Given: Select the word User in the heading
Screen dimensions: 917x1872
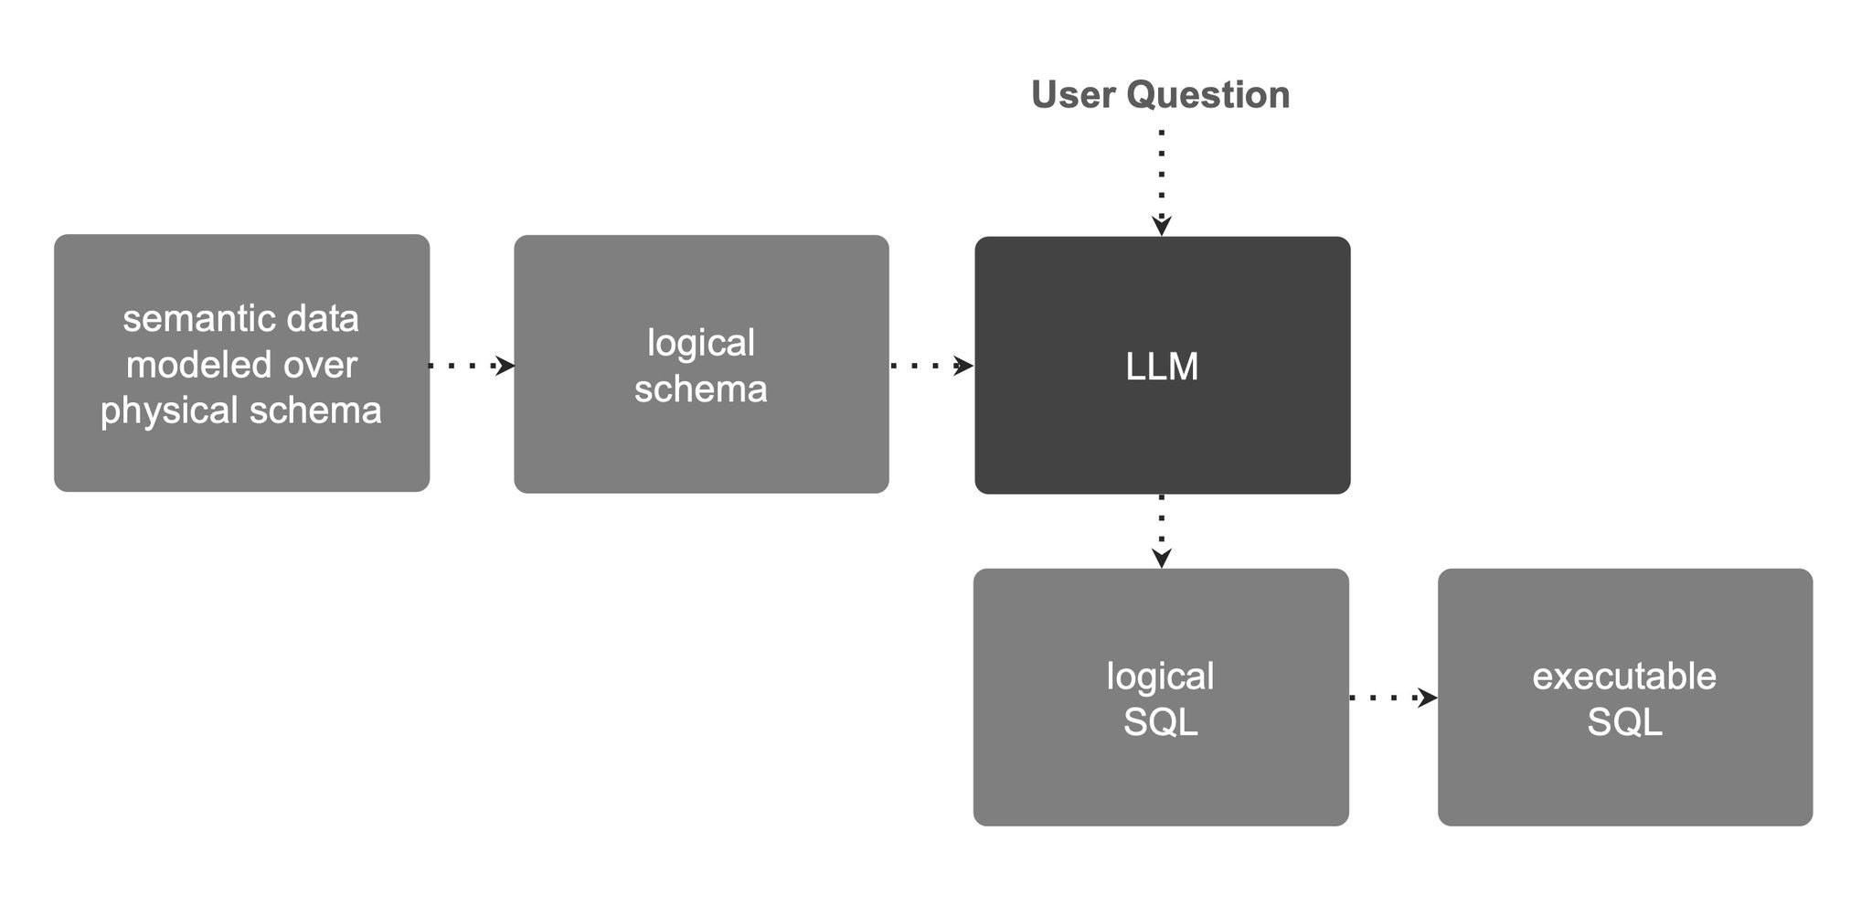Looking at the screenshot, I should (x=1072, y=95).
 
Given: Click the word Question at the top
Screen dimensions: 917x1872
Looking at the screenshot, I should (x=1207, y=95).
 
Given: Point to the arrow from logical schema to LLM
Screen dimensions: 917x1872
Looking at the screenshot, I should (x=931, y=366).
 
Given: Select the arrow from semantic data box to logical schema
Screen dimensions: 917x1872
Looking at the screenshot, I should (x=472, y=366).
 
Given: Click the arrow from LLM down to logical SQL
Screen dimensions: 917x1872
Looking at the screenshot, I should (x=1161, y=531).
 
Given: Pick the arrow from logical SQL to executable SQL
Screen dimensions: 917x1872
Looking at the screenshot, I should (x=1393, y=698).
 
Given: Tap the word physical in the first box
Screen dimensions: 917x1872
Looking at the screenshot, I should (x=170, y=411).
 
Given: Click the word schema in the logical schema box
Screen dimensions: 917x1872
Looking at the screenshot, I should (x=700, y=389).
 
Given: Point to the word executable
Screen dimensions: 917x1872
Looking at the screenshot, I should (x=1624, y=677).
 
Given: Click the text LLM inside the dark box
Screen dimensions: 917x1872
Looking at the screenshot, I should (x=1162, y=367).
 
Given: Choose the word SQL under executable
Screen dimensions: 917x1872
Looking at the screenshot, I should (x=1624, y=722).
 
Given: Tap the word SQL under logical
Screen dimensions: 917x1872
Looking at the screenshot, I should (x=1160, y=722).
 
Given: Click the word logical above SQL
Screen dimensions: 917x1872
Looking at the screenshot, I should (x=1160, y=677).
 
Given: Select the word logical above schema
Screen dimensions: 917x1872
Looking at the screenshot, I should (x=701, y=344).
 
